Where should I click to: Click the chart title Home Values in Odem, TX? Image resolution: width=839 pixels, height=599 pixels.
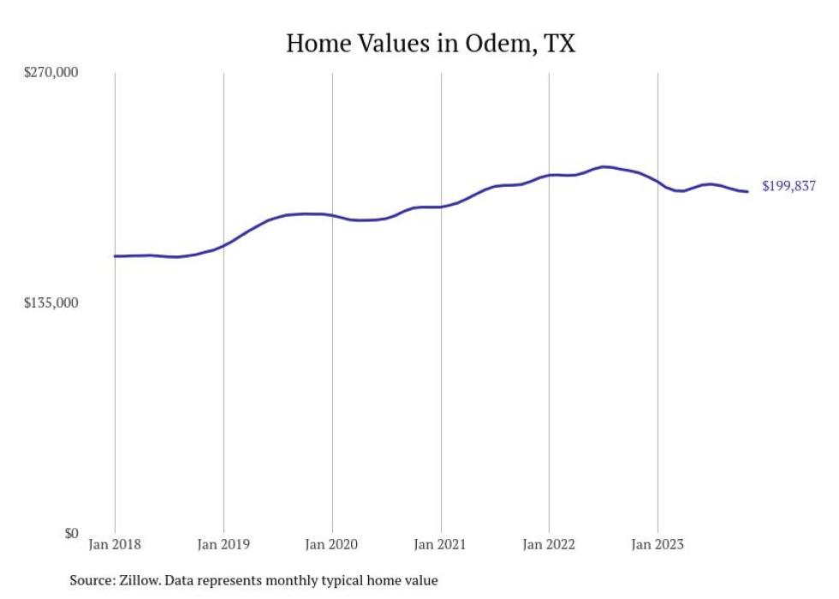[430, 44]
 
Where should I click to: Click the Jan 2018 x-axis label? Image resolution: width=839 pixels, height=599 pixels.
[115, 544]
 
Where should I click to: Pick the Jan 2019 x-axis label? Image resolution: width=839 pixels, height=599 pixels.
[223, 544]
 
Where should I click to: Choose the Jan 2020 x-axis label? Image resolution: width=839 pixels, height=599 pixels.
[332, 544]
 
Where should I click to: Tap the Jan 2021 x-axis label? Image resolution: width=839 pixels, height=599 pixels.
[440, 544]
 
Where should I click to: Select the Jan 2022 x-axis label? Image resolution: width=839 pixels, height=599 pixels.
[549, 544]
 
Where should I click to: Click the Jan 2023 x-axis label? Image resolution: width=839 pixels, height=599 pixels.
[658, 544]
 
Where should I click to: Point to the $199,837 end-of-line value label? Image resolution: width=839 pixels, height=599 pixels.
[788, 186]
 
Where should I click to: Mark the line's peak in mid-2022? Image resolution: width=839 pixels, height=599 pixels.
[604, 167]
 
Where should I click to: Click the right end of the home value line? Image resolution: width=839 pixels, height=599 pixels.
[747, 191]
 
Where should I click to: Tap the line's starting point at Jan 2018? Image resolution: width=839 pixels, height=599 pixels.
[115, 256]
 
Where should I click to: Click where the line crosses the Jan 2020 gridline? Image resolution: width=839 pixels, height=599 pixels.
[332, 215]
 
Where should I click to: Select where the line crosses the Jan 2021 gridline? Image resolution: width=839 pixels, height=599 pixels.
[440, 207]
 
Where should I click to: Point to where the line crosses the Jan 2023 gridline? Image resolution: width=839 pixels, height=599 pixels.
[658, 182]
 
